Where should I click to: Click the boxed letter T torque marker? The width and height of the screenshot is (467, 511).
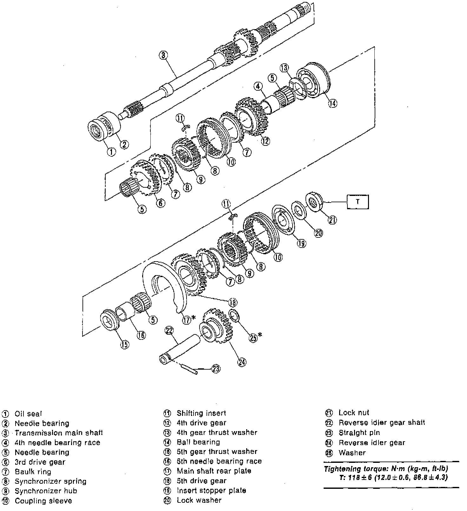click(x=358, y=202)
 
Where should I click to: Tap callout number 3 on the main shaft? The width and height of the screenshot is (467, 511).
click(x=163, y=55)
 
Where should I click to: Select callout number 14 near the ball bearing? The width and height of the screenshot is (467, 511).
click(x=332, y=103)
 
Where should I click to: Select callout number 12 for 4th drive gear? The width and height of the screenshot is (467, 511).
click(x=266, y=140)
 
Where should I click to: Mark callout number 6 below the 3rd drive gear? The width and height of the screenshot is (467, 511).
click(x=161, y=203)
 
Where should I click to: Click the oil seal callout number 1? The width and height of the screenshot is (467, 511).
click(x=111, y=152)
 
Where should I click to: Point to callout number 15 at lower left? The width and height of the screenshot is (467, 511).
click(x=125, y=344)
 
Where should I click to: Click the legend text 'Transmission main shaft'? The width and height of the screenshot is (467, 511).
click(x=59, y=433)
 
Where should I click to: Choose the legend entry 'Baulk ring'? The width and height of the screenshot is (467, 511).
click(x=33, y=471)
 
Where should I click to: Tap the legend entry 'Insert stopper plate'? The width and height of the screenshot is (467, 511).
click(x=211, y=490)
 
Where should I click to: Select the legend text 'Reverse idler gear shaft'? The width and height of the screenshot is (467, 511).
click(x=382, y=423)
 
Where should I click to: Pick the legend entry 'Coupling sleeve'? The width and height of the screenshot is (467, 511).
click(x=43, y=501)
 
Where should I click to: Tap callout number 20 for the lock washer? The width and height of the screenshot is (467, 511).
click(x=318, y=233)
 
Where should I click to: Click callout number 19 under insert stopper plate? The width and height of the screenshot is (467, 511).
click(x=301, y=243)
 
